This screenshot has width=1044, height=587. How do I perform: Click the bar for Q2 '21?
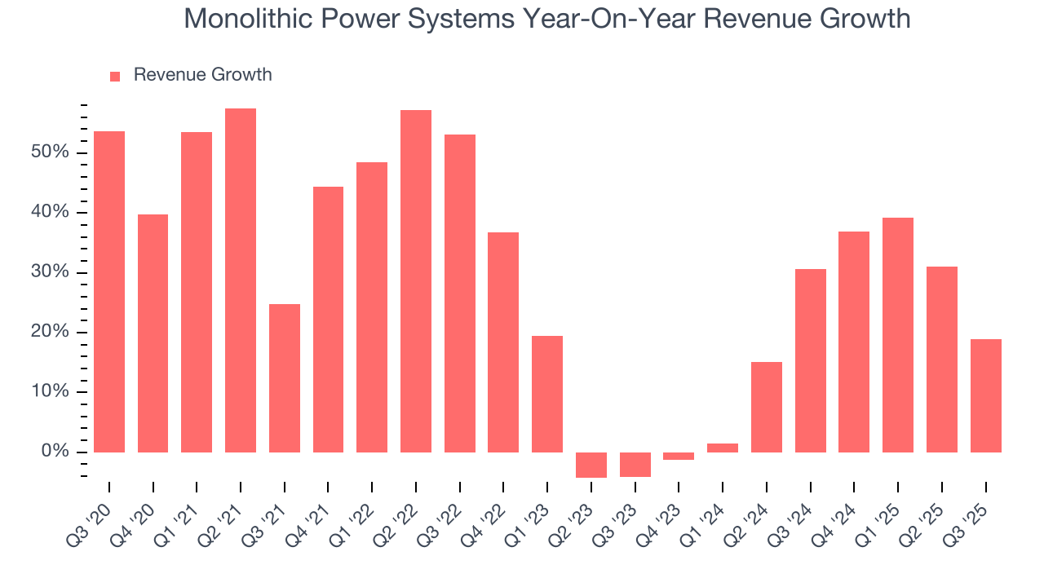tap(241, 280)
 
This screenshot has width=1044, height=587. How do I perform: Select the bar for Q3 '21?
tap(285, 378)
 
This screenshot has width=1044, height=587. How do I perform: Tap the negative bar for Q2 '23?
tap(591, 465)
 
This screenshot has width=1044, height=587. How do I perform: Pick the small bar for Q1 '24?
tap(723, 448)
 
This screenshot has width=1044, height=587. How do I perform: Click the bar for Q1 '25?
tap(898, 335)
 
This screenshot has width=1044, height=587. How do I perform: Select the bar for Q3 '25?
tap(985, 395)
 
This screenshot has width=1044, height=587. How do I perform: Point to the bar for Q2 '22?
tap(416, 281)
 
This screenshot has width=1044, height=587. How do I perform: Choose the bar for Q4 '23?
tap(679, 456)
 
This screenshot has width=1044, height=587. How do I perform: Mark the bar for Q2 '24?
tap(767, 407)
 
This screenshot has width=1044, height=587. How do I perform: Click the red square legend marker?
tap(115, 76)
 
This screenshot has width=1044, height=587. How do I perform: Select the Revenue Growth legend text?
tap(202, 75)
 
